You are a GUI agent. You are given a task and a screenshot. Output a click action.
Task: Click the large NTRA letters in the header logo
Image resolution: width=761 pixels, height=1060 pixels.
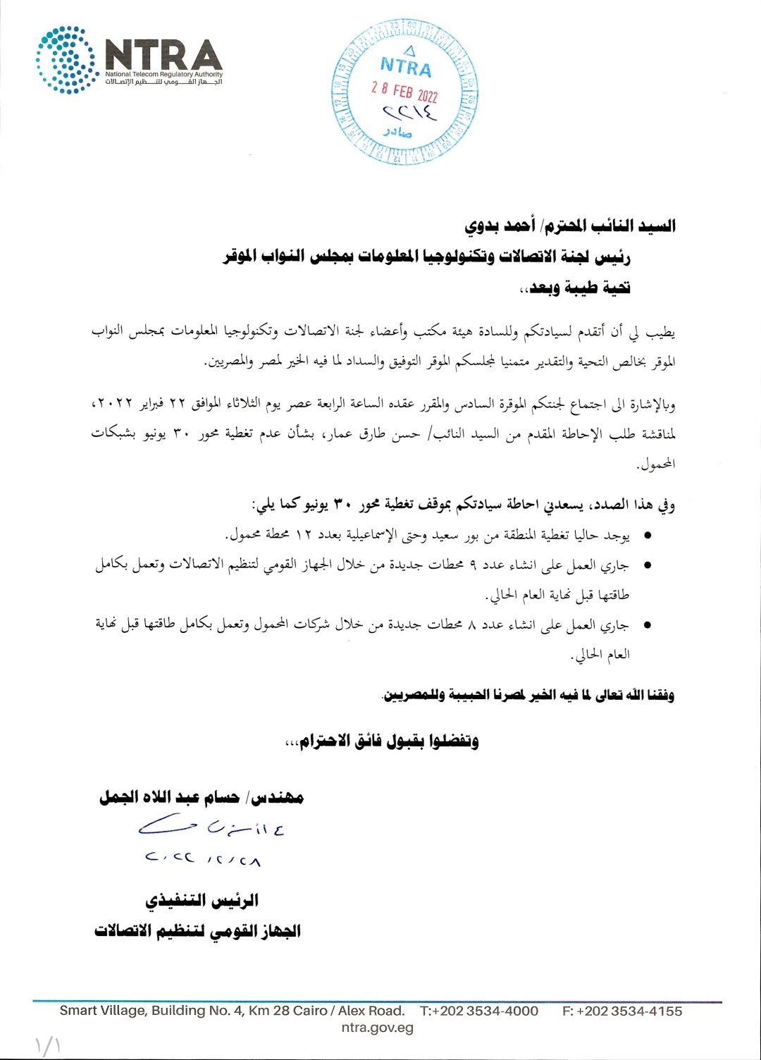pos(163,54)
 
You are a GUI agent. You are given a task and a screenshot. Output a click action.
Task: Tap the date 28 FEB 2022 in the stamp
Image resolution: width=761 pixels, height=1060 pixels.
pos(404,92)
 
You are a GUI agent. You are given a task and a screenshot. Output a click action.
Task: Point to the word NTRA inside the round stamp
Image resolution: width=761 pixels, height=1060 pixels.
pos(406,67)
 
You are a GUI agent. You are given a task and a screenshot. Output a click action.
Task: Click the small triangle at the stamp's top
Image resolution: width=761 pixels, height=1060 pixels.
pos(409,50)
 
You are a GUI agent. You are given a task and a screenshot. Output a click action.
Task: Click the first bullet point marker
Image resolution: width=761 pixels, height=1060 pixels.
pos(647,536)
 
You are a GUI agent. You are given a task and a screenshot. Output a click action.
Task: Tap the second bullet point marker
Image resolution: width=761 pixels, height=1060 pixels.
pos(647,565)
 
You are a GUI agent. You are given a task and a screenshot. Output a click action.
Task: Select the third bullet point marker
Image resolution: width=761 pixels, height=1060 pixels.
pos(647,624)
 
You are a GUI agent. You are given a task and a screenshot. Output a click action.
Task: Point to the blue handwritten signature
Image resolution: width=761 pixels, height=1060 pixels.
pos(211,827)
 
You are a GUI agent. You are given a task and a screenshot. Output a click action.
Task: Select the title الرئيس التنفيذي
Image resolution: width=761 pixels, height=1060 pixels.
pos(202,900)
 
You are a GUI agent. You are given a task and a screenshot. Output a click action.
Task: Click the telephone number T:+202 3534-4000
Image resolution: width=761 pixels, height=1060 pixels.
pos(479,1011)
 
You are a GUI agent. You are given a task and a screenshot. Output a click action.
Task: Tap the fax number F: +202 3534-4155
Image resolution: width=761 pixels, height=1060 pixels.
pos(622,1011)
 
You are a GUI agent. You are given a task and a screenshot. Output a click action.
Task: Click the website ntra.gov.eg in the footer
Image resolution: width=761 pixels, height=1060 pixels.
pos(377,1028)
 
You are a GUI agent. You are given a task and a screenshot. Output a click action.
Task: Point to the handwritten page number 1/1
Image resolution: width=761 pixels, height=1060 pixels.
pos(47,1045)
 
